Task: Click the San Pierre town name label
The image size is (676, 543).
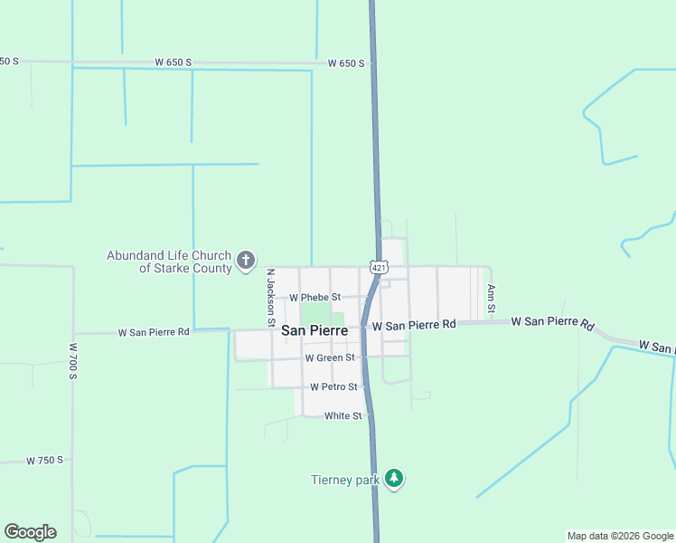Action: pyautogui.click(x=315, y=331)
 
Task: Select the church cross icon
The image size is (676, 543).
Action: pyautogui.click(x=245, y=262)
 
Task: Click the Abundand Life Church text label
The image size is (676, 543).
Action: pyautogui.click(x=169, y=256)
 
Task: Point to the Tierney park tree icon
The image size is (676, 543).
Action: pyautogui.click(x=393, y=478)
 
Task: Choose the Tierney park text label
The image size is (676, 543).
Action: pyautogui.click(x=343, y=480)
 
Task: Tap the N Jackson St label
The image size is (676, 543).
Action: pyautogui.click(x=269, y=297)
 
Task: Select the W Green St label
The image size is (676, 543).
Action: pyautogui.click(x=331, y=358)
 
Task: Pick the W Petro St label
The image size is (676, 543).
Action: pyautogui.click(x=333, y=386)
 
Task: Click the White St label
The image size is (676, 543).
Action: pyautogui.click(x=343, y=416)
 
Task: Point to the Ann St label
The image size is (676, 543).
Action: pyautogui.click(x=492, y=299)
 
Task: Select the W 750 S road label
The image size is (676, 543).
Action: pyautogui.click(x=44, y=460)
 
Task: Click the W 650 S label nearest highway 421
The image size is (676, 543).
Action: pyautogui.click(x=346, y=63)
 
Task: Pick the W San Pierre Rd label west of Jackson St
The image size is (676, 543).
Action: pyautogui.click(x=154, y=332)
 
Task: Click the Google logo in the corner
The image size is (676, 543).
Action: pyautogui.click(x=30, y=532)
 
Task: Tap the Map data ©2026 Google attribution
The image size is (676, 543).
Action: pyautogui.click(x=621, y=536)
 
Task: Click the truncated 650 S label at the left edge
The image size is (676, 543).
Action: pyautogui.click(x=9, y=61)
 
